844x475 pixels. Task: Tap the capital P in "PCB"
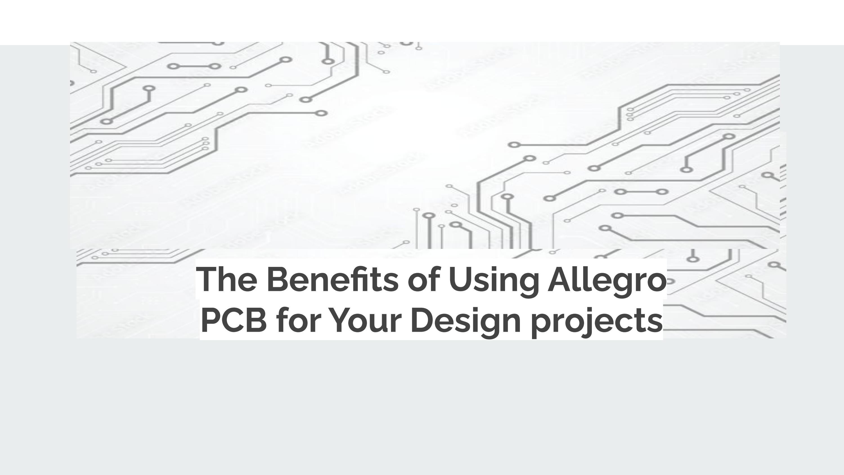pyautogui.click(x=212, y=320)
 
